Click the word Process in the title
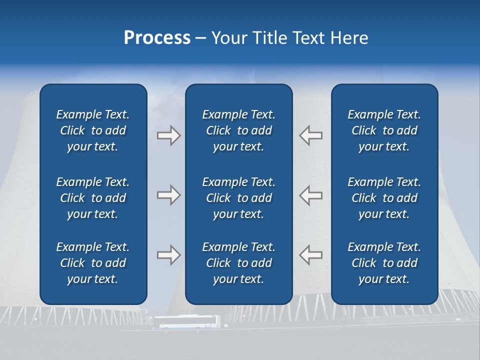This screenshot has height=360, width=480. pos(157,38)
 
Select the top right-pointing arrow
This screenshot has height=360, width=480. pos(168,135)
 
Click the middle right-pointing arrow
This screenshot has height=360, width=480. pos(168,195)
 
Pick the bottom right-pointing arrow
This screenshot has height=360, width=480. pos(168,255)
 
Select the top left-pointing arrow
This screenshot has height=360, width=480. pos(311,135)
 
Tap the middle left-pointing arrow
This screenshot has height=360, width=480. pos(311,195)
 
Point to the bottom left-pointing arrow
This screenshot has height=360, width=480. pos(311,255)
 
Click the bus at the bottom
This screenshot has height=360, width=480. pos(186,322)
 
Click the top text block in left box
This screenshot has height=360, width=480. pos(93,130)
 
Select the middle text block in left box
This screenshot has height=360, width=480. pos(93,198)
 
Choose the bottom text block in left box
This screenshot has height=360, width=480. pos(93,263)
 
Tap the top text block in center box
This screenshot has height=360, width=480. pos(238,130)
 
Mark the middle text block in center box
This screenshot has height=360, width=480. pos(238,198)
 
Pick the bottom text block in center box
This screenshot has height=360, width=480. pos(238,263)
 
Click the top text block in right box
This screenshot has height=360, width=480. pos(384,130)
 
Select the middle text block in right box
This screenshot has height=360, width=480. pos(384,198)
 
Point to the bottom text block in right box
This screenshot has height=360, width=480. pos(384,263)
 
